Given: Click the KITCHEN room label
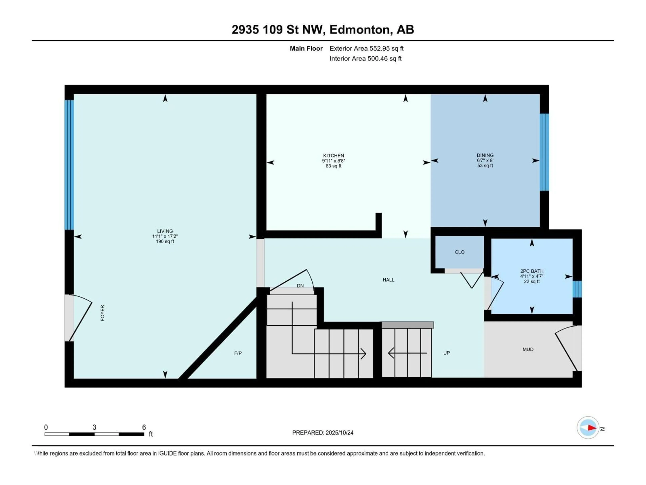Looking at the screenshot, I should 333,156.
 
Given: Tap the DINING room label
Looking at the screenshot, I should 485,155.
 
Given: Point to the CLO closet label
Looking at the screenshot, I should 459,252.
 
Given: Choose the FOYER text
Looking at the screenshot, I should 102,313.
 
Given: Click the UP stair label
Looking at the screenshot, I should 446,353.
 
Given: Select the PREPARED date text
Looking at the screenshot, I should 322,433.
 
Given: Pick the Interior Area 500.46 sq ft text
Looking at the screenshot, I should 365,58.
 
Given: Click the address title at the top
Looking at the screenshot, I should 323,29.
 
